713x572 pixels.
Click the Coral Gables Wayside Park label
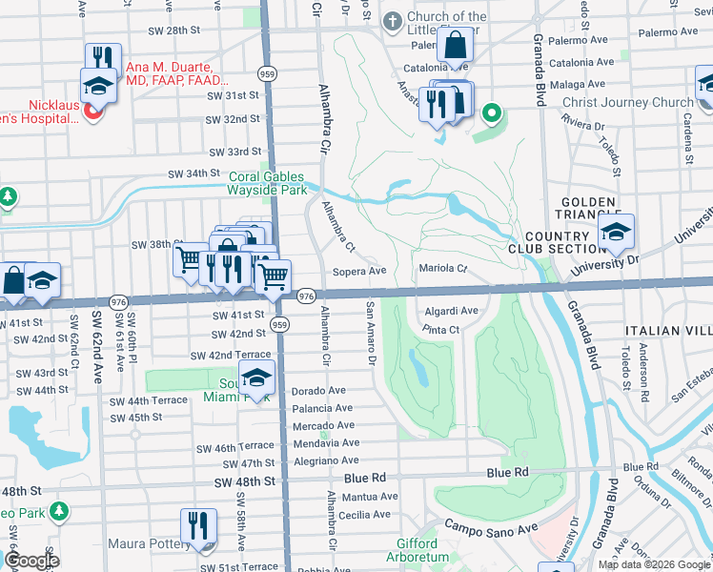[x=267, y=183]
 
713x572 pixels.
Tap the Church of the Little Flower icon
[x=392, y=21]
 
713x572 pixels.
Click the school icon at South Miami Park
[x=255, y=378]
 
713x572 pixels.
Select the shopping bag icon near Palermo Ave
[x=458, y=45]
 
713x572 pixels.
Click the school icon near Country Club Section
[x=616, y=232]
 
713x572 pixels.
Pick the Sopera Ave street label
[x=359, y=271]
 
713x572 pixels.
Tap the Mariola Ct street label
[x=443, y=269]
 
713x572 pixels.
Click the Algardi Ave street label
[x=451, y=311]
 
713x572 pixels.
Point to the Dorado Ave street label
[x=318, y=391]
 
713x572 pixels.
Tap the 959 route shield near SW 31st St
[x=267, y=72]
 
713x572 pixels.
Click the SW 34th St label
[x=194, y=174]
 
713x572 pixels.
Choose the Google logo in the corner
[x=31, y=561]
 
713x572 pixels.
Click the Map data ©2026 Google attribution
[x=653, y=564]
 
